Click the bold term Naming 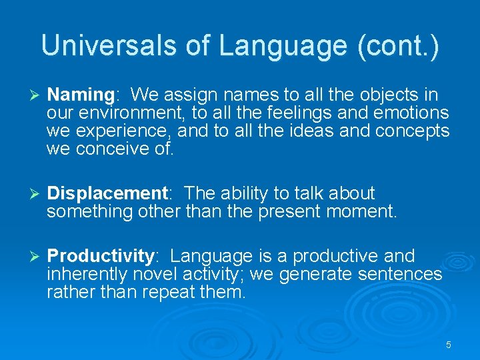click(80, 95)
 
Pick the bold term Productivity click(101, 256)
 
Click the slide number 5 click(448, 345)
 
